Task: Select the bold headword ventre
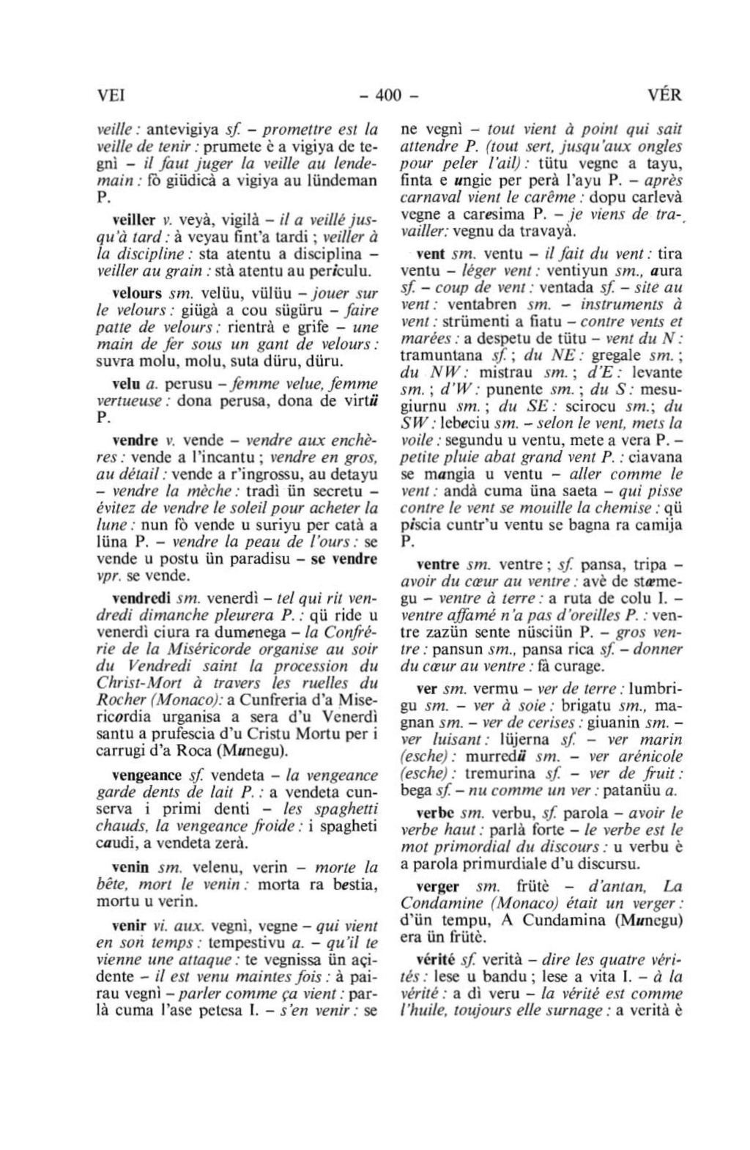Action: pyautogui.click(x=437, y=565)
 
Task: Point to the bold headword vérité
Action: pyautogui.click(x=435, y=959)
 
